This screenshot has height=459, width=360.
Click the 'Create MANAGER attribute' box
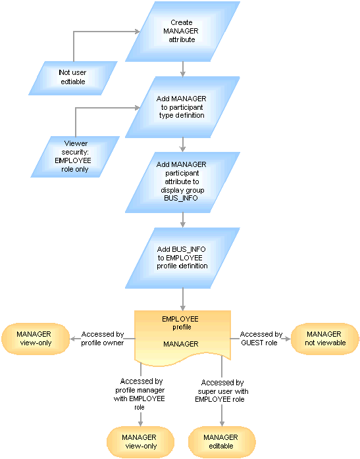(x=182, y=32)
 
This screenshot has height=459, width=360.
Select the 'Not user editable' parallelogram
(x=73, y=78)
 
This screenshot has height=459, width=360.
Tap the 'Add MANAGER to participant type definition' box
(x=182, y=107)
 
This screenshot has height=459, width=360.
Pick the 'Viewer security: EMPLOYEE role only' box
(x=75, y=157)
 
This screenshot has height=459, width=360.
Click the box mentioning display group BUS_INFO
(x=182, y=182)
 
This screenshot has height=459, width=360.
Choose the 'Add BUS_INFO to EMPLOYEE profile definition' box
(x=182, y=258)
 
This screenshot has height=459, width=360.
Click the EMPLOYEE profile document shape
(x=182, y=337)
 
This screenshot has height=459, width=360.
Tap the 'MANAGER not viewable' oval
(x=325, y=339)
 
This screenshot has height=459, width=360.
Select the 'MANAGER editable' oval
(x=222, y=442)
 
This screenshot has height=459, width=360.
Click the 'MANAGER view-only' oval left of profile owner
(x=36, y=339)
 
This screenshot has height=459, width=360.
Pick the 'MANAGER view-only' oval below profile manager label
(x=140, y=442)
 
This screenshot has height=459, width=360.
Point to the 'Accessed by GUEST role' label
(x=261, y=339)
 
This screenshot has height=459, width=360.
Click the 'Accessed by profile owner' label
(x=103, y=339)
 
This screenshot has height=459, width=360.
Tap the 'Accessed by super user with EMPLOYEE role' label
(x=221, y=391)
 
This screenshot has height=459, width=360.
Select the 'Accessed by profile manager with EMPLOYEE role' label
(x=140, y=394)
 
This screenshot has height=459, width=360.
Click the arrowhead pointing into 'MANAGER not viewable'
(x=288, y=339)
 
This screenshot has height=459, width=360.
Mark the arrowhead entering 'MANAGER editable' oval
(x=222, y=423)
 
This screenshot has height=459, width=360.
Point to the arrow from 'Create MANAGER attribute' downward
(x=183, y=69)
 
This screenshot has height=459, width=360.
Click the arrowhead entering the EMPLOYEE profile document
(x=183, y=308)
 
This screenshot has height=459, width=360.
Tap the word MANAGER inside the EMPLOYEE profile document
(x=181, y=344)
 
